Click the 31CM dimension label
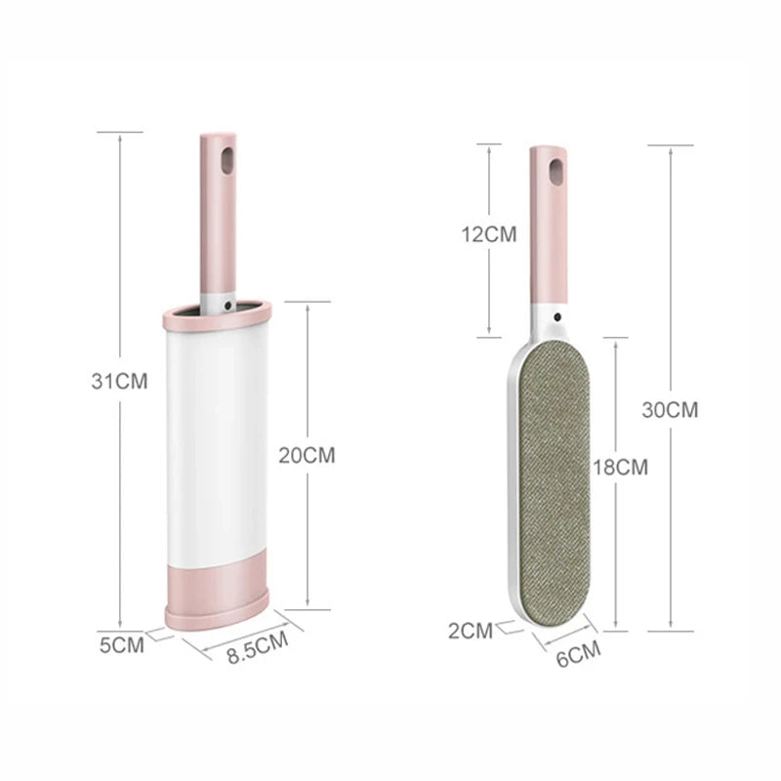119,382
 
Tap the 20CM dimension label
307,454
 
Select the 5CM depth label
121,644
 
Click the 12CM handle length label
489,234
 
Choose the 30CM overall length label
670,410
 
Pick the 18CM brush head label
620,467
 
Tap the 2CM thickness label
471,630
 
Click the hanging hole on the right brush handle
555,172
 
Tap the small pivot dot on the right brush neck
555,317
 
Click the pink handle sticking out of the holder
218,215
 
